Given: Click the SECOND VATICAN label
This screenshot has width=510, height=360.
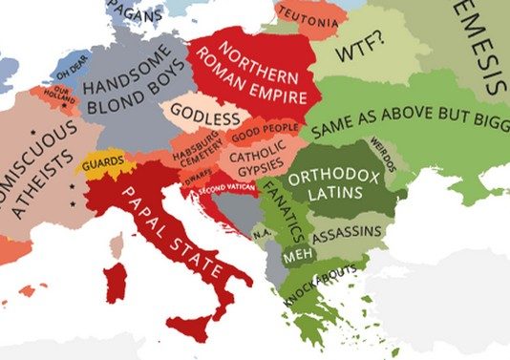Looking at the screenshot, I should [227, 188].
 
